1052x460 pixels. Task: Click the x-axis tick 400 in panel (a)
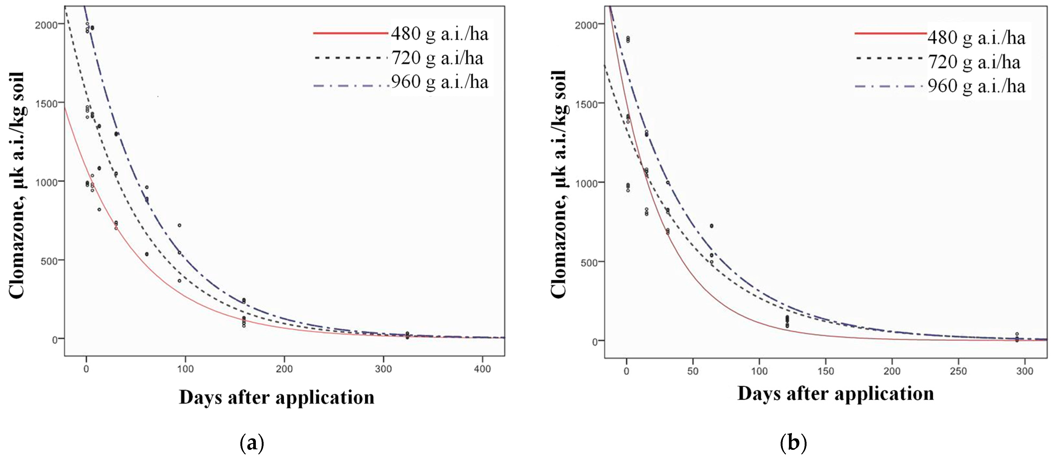482,369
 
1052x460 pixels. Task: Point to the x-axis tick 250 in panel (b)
958,371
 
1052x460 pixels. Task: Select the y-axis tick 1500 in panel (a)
46,103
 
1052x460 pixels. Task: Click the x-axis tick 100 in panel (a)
185,369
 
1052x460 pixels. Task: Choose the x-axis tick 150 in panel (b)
825,371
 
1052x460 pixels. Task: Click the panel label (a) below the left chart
252,443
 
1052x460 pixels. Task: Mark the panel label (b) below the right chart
793,443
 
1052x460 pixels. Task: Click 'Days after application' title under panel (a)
276,397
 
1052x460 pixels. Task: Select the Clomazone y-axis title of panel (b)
558,184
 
